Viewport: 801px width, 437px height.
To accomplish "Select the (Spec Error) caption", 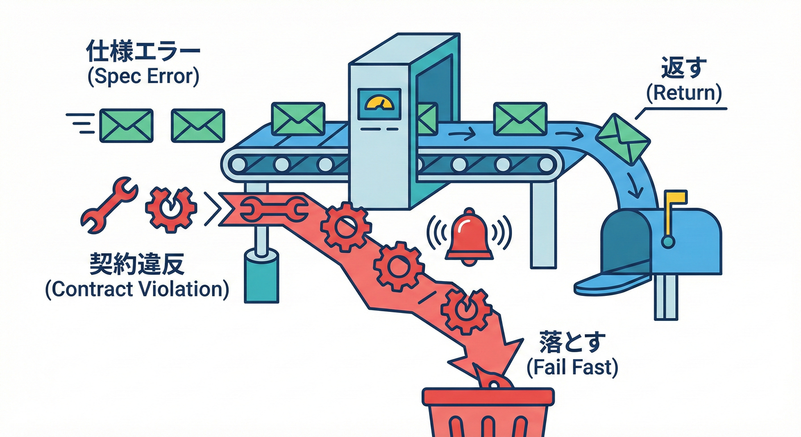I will pos(143,77).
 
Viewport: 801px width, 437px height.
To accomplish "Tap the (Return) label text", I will pos(684,93).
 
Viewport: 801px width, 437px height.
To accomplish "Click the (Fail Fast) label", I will pos(572,368).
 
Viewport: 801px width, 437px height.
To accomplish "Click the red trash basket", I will pos(488,413).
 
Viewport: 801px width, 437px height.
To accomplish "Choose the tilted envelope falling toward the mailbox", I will pos(624,138).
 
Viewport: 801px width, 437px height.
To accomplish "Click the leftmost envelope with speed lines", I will pos(126,125).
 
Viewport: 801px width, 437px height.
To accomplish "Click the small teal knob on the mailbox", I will pos(668,242).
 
